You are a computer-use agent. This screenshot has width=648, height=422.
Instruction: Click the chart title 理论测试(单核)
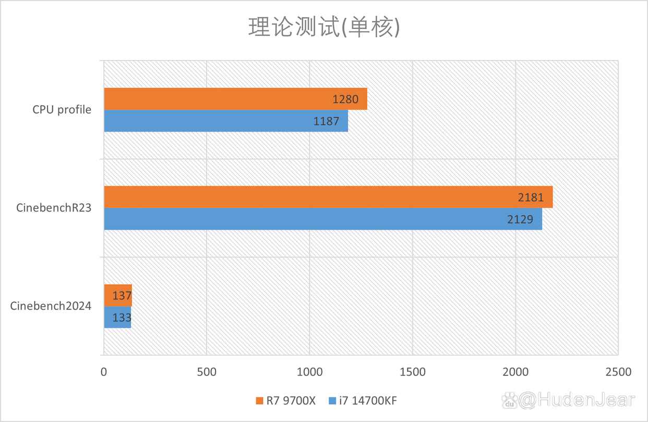point(323,28)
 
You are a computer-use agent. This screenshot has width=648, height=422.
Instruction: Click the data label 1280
point(345,99)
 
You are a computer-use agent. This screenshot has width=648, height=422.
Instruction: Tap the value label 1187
point(327,121)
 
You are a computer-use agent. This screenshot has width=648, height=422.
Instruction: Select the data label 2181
point(531,197)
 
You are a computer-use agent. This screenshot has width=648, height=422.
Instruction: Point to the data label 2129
point(520,219)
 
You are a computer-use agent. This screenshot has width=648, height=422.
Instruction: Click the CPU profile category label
point(62,110)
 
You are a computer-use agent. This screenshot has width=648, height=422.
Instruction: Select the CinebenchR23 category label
point(54,208)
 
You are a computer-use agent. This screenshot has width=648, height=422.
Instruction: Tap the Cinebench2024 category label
point(51,306)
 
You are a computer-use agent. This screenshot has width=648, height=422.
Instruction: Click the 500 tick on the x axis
point(207,372)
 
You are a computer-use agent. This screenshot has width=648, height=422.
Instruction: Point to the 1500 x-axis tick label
point(413,372)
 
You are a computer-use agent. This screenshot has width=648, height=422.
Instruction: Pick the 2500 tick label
point(618,372)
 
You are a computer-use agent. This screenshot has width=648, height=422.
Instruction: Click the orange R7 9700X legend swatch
point(259,401)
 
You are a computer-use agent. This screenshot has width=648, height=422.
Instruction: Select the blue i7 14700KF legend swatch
point(332,401)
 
